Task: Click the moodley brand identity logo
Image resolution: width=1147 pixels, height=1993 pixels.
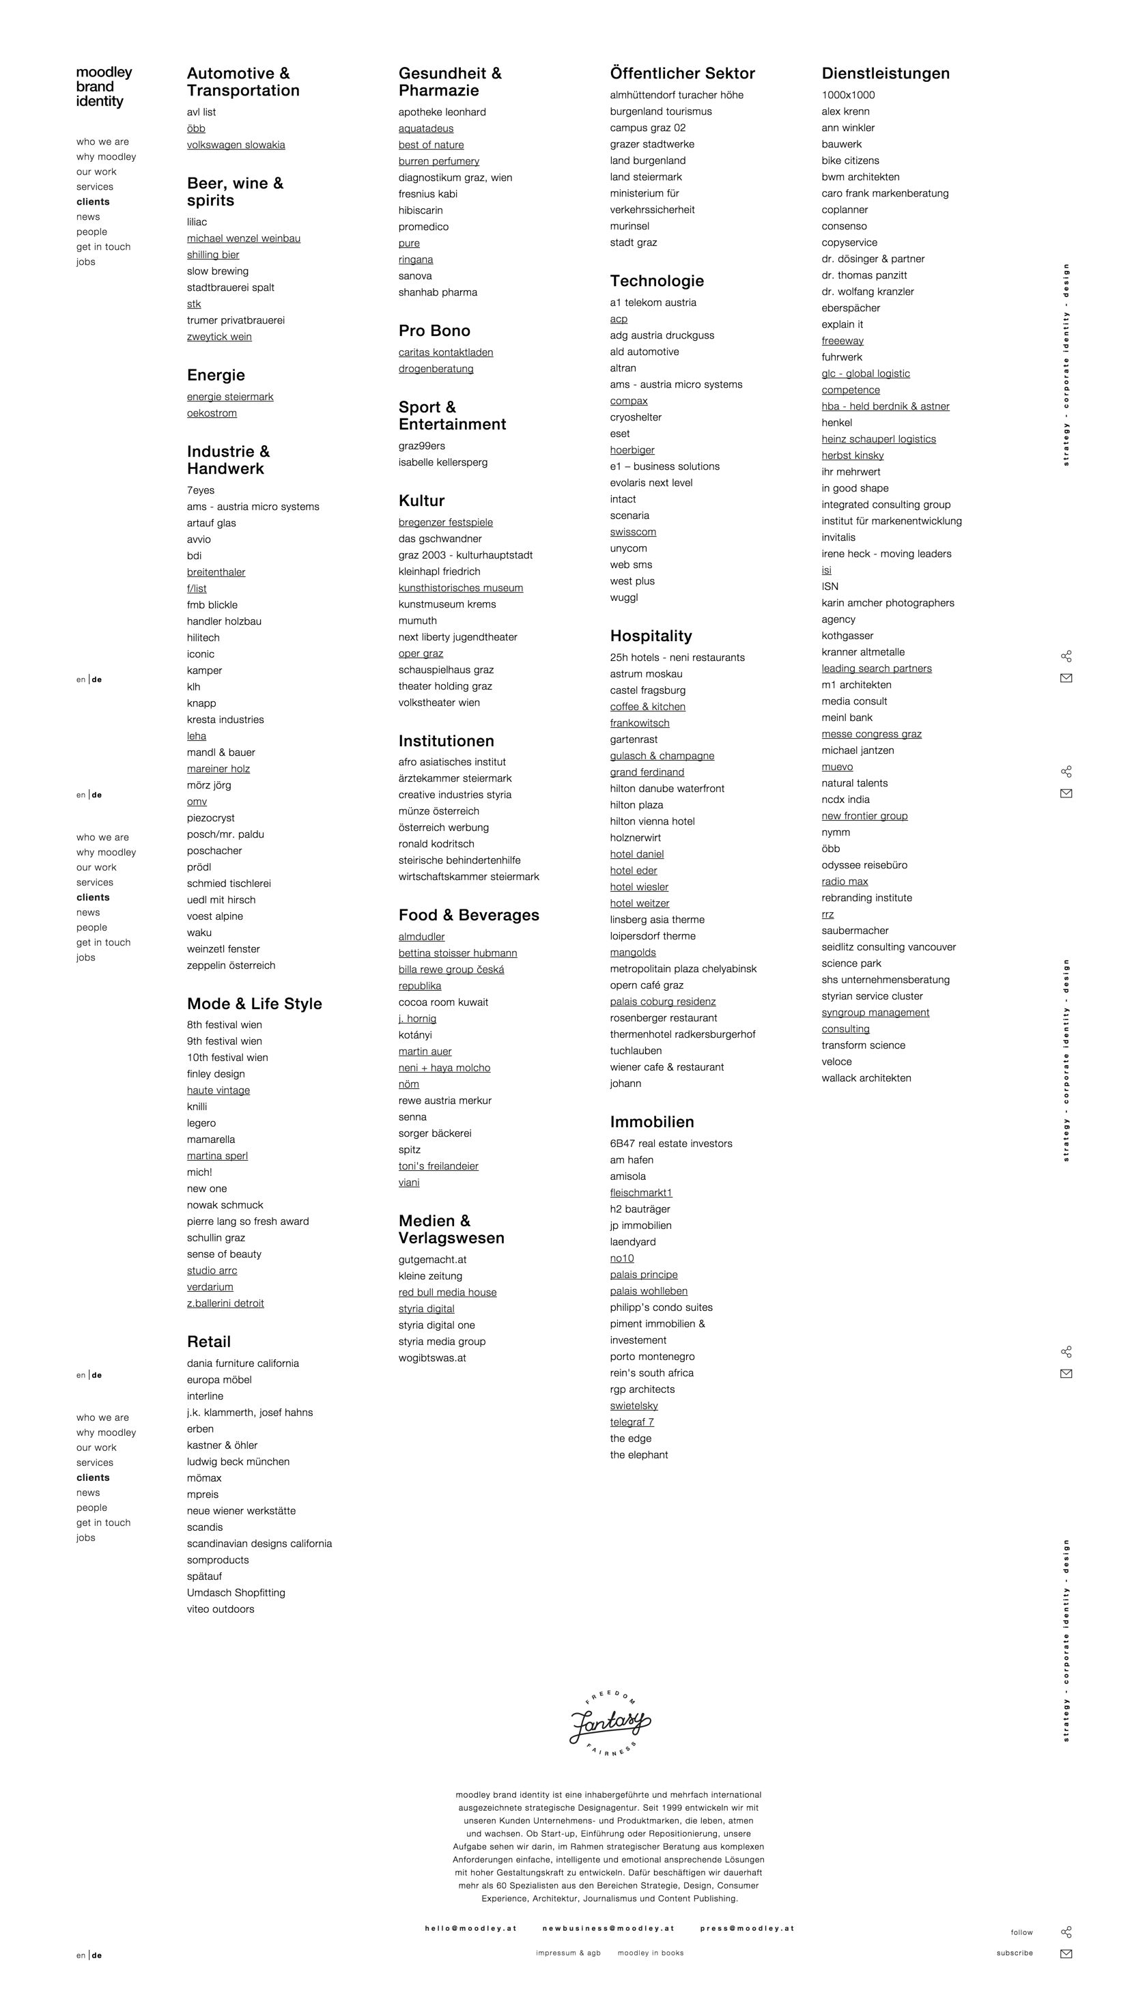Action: [x=103, y=87]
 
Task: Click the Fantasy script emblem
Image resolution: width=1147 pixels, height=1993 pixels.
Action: [x=610, y=1723]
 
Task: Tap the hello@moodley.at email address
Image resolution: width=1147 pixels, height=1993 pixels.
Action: [x=470, y=1927]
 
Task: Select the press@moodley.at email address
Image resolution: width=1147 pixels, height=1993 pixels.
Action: [x=747, y=1927]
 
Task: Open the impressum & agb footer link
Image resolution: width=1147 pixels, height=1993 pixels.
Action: [x=568, y=1952]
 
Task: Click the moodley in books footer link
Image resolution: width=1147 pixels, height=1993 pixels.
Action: [x=650, y=1952]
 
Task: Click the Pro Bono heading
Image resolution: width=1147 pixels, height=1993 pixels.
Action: [x=434, y=331]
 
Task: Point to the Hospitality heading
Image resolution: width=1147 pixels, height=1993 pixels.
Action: [x=651, y=636]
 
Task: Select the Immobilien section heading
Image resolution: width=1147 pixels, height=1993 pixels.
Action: [x=651, y=1122]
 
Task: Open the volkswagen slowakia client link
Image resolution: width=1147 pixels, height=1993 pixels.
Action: [x=236, y=145]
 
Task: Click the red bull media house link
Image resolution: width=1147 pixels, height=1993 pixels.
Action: [x=447, y=1292]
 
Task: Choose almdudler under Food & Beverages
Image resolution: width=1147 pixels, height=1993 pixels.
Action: [x=421, y=937]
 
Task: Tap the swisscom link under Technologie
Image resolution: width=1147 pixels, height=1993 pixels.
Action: [x=633, y=532]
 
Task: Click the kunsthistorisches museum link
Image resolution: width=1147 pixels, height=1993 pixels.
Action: [x=460, y=588]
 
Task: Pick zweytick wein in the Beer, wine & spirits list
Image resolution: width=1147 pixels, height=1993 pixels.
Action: [x=219, y=337]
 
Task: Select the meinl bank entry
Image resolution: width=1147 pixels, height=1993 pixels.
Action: [x=846, y=718]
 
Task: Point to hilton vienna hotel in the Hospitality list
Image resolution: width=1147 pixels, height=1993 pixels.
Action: [x=651, y=821]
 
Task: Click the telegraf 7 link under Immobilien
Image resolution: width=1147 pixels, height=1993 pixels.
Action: [x=631, y=1422]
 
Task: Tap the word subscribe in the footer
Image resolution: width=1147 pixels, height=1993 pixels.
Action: [x=1014, y=1952]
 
